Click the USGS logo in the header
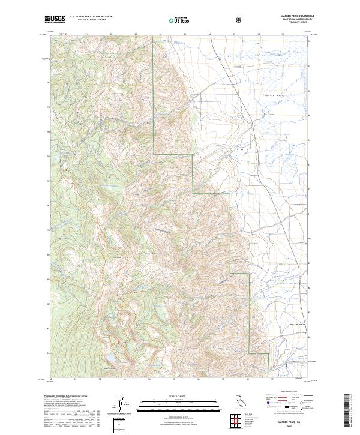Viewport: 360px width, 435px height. point(55,20)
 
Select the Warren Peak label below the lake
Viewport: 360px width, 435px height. point(110,368)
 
